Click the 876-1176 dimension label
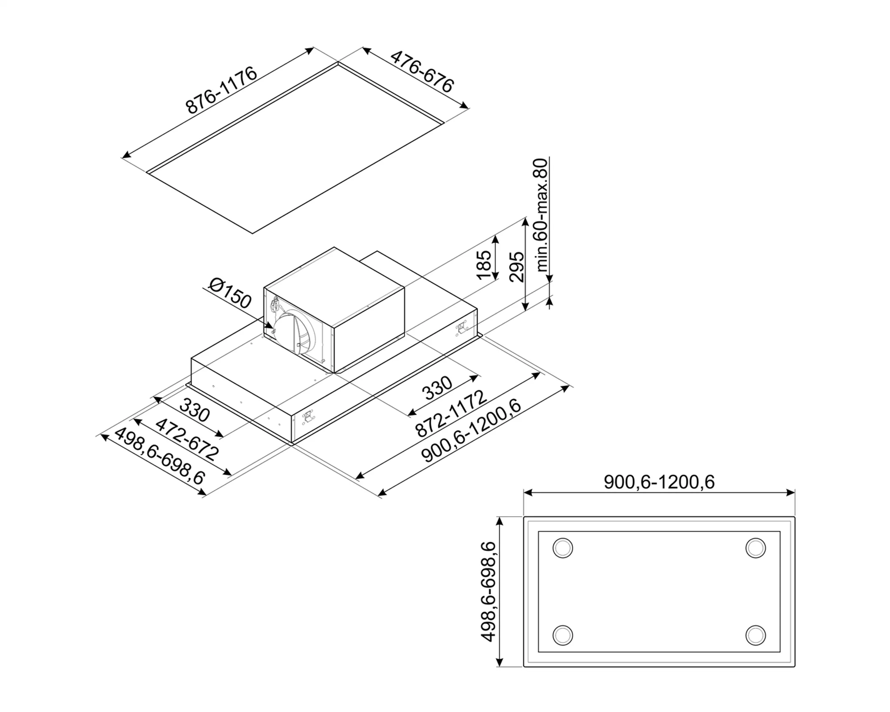tap(221, 90)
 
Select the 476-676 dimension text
tap(422, 72)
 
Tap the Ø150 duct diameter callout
tap(230, 293)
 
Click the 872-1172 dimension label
tap(451, 414)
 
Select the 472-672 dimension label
tap(186, 440)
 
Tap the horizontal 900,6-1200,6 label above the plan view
tap(659, 482)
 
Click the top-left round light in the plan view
tap(563, 548)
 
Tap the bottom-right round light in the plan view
tap(755, 635)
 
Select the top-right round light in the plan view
tap(755, 548)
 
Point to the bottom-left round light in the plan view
tap(563, 635)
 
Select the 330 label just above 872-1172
tap(437, 388)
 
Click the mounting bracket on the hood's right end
tap(461, 328)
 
